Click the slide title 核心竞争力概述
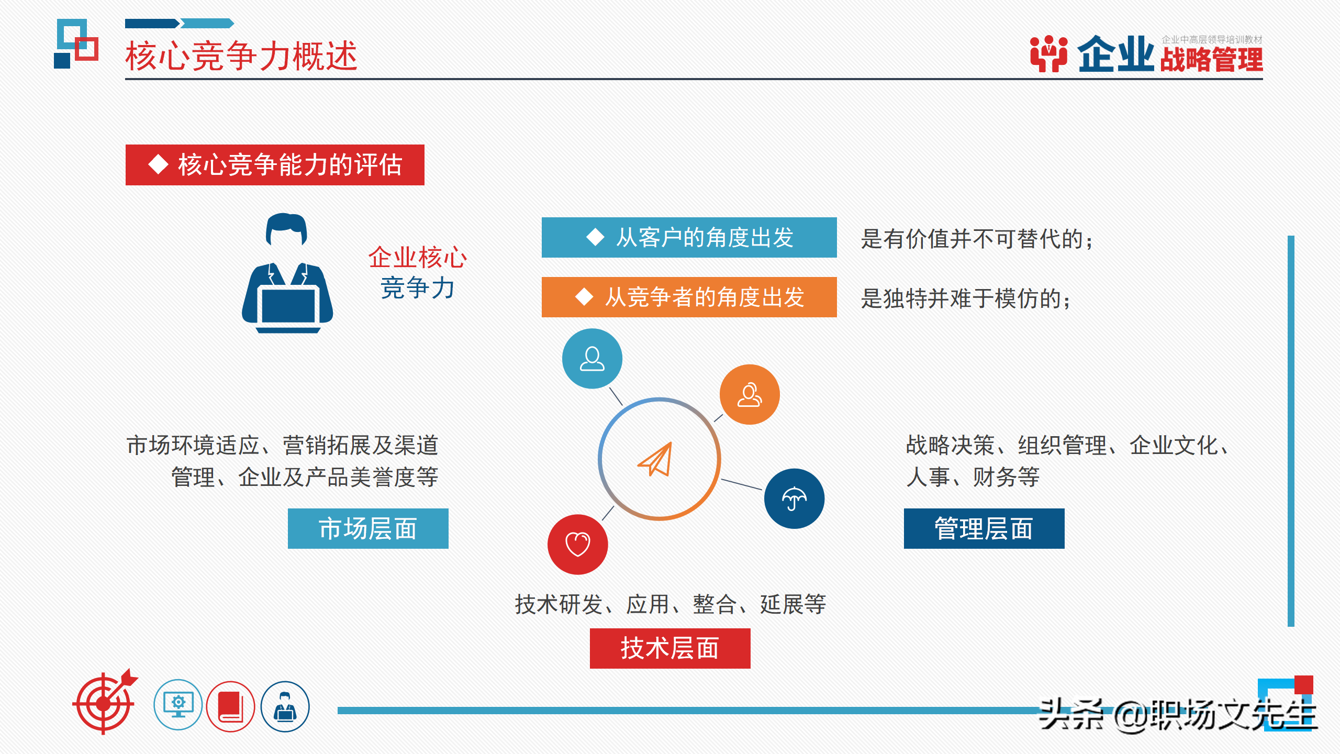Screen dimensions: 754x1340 [x=241, y=56]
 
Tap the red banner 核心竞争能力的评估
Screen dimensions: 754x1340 [x=275, y=165]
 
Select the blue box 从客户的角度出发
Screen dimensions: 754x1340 [x=689, y=238]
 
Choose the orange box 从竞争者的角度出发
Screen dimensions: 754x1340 [x=689, y=297]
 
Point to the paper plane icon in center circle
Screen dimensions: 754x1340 [x=656, y=459]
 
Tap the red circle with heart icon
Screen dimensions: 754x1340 [x=577, y=545]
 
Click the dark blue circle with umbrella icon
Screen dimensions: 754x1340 [x=794, y=498]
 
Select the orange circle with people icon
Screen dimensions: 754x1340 [x=749, y=395]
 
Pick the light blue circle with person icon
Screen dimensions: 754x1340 [x=592, y=359]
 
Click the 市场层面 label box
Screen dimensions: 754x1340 [x=368, y=529]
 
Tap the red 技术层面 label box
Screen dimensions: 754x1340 [x=669, y=648]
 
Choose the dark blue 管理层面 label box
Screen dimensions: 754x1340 [x=984, y=529]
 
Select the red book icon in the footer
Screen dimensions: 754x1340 [x=230, y=706]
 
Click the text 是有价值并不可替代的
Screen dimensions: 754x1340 [x=977, y=239]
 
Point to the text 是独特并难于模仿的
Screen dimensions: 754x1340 [x=965, y=299]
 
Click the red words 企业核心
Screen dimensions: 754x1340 [x=417, y=257]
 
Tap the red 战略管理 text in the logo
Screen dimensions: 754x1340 [x=1211, y=60]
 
